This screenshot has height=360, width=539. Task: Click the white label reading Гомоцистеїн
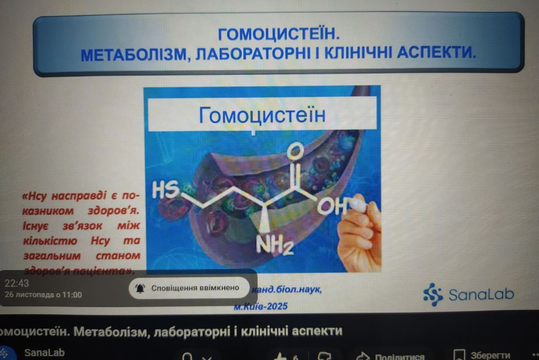(262, 115)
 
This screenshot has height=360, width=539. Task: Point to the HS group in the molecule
(164, 191)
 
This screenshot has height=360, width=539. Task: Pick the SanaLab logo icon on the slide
(433, 294)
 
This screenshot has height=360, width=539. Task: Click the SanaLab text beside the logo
(481, 295)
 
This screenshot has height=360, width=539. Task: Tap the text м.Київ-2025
(260, 306)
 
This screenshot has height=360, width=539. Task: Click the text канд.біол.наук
(286, 290)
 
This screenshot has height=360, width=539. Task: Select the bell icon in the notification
(140, 288)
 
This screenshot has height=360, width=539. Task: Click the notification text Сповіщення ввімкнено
(195, 287)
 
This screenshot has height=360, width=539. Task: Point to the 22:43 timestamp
(17, 283)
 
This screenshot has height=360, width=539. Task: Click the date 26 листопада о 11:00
(43, 295)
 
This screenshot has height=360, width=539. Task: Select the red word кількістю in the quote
(49, 240)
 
